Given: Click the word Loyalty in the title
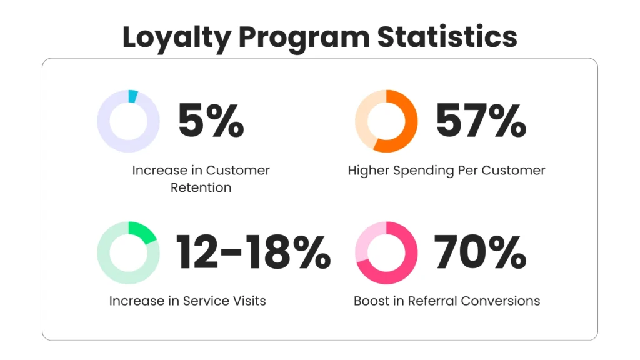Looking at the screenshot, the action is click(x=177, y=38).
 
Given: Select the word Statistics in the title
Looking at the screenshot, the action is click(x=447, y=37).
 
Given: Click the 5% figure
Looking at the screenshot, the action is click(x=211, y=120).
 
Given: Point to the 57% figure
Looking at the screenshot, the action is click(x=481, y=120).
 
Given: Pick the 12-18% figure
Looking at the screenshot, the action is click(x=253, y=252).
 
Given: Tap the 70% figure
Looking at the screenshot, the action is click(x=480, y=252).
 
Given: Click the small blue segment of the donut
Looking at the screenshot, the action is click(x=133, y=96).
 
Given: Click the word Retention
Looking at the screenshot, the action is click(x=201, y=187).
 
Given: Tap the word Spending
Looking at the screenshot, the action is click(x=423, y=171).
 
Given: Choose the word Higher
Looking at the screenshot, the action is click(x=369, y=171).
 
